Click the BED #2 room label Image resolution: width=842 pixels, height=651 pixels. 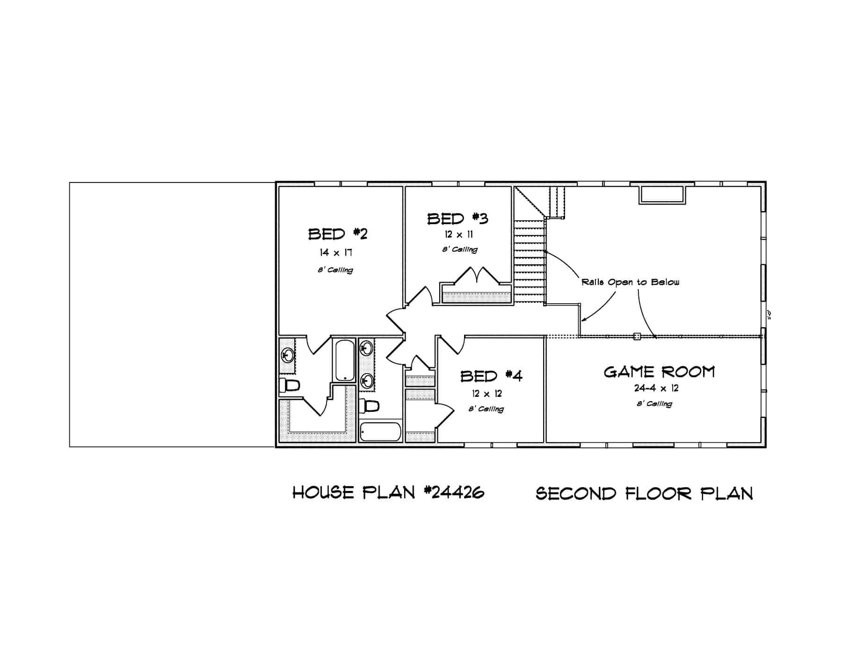(338, 234)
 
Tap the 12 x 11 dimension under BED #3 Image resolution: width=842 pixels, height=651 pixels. (458, 234)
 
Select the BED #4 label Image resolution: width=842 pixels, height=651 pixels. (491, 376)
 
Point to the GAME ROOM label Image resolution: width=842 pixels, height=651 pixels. (659, 372)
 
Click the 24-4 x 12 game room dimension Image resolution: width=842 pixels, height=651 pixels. (656, 388)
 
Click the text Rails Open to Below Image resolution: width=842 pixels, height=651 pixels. (630, 282)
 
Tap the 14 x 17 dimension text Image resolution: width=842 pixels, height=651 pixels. (336, 253)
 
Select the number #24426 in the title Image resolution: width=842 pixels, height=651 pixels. (454, 492)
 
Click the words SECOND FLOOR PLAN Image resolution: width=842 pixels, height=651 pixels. (644, 494)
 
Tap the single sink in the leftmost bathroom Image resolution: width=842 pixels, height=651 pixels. (287, 355)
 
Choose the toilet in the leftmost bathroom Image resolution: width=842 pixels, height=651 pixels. (289, 386)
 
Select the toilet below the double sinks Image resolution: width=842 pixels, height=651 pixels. (369, 406)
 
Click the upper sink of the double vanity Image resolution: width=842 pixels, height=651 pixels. (367, 348)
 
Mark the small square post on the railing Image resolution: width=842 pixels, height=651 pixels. (637, 336)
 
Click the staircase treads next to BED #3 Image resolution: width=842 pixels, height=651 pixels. (530, 262)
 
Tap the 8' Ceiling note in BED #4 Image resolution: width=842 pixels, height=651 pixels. (486, 409)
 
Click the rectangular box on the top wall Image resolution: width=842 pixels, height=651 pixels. (662, 195)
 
